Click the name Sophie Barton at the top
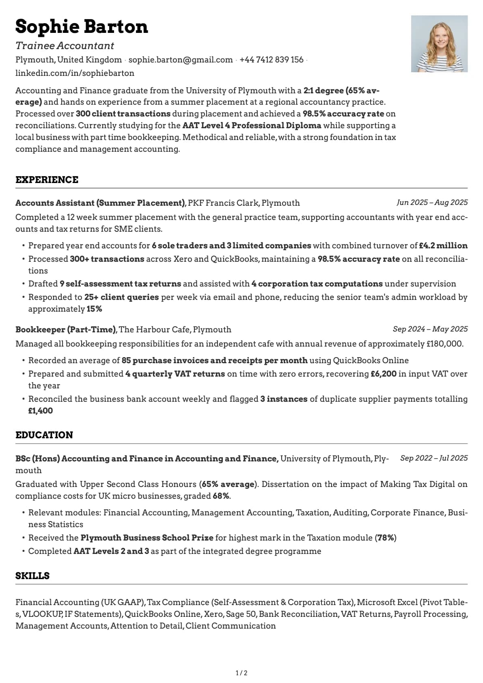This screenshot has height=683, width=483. pos(82,27)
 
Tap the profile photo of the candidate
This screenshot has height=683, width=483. pos(439,44)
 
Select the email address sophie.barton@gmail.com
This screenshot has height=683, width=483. pos(181,60)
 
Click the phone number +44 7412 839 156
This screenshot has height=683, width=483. pos(272,60)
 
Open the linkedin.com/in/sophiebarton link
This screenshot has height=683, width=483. pos(75,73)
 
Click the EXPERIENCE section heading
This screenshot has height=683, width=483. pos(47,180)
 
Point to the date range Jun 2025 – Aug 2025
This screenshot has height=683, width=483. pos(432,202)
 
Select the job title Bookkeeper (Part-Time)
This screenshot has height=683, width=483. pos(66,330)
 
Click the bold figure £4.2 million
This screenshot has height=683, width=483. pos(443,246)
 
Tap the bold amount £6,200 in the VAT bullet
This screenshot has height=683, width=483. pos(383,374)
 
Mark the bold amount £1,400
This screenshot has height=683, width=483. pos(40,411)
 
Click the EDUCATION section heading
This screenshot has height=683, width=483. pos(44,435)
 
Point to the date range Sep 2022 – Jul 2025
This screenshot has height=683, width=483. pos(433,458)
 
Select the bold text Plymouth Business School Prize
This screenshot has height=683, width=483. pos(147,538)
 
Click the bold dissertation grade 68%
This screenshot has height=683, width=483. pos(221,496)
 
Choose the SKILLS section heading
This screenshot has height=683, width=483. pos(32,576)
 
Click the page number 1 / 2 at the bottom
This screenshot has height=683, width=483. pos(241,673)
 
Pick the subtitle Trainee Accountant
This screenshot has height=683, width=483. pos(65,45)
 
